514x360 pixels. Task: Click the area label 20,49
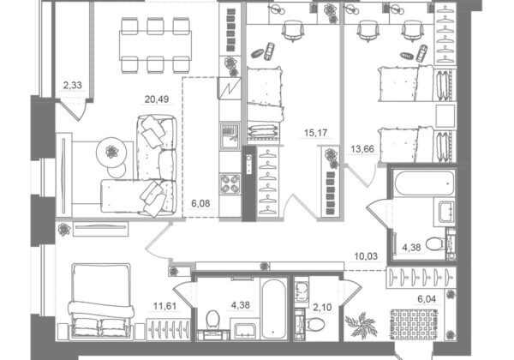click(157, 99)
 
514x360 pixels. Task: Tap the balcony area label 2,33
click(73, 85)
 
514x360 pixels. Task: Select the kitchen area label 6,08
click(200, 204)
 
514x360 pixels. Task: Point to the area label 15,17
click(315, 133)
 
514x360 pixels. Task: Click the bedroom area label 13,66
click(362, 149)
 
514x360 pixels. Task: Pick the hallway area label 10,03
click(366, 256)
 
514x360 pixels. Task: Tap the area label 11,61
click(164, 307)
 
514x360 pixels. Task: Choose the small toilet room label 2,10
click(322, 308)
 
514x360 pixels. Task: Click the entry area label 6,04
click(427, 299)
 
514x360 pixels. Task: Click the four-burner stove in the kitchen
click(230, 183)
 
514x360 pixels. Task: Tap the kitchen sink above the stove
click(230, 135)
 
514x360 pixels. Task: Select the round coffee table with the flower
click(111, 152)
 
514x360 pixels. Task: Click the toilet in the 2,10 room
click(316, 325)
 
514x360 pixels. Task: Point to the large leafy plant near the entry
click(361, 325)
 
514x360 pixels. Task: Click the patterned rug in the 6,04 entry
click(415, 324)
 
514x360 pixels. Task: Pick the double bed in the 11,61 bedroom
click(100, 301)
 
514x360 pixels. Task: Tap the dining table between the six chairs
click(156, 45)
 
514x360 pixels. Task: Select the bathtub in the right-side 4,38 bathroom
click(425, 183)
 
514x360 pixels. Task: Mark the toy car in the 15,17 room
click(270, 51)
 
